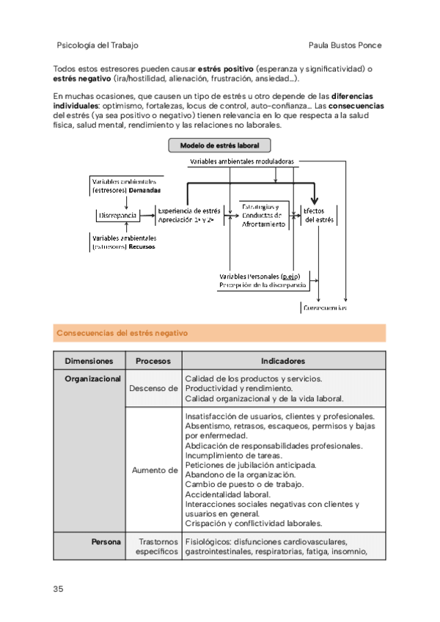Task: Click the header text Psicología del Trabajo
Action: tap(98, 45)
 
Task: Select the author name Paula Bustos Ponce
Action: tap(346, 45)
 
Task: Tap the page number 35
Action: tap(59, 588)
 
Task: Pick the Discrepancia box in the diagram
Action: tap(117, 216)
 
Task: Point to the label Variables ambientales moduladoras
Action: tap(241, 161)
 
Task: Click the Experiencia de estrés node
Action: tap(188, 215)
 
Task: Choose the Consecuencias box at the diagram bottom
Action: tap(325, 309)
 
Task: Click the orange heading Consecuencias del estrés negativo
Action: tap(122, 333)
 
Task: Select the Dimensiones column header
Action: tap(89, 361)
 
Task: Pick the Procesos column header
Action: tap(153, 361)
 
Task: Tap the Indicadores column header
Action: tap(283, 361)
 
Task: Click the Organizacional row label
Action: tap(92, 379)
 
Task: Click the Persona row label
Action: tap(106, 543)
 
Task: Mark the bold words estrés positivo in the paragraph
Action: tap(223, 69)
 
